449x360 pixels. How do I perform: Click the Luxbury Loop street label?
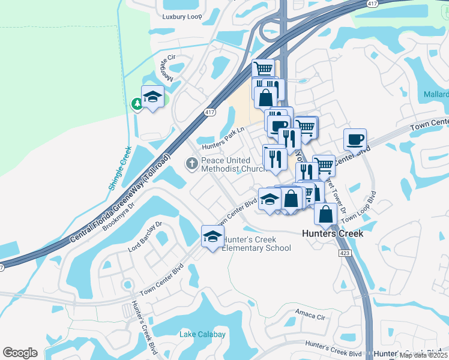182,17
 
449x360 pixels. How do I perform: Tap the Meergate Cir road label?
166,67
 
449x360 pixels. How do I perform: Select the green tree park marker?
137,104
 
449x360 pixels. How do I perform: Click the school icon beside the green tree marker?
152,97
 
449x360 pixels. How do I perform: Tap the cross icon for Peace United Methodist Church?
192,163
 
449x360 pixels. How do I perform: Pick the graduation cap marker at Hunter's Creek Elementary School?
212,238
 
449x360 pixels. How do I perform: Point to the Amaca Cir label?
310,313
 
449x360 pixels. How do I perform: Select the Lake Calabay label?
203,334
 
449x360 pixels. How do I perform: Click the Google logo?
20,352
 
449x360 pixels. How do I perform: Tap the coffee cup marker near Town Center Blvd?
355,139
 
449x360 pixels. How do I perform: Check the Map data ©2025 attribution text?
423,355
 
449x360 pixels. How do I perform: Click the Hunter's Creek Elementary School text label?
257,244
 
